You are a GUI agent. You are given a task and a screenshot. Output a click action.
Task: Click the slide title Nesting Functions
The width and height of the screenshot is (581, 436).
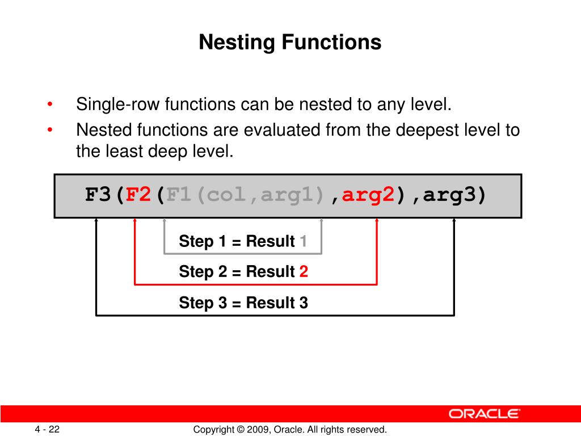pos(290,43)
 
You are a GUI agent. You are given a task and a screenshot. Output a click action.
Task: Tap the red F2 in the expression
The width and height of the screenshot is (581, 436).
pos(138,195)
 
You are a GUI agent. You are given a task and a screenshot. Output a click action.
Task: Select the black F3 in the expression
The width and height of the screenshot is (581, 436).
pos(98,195)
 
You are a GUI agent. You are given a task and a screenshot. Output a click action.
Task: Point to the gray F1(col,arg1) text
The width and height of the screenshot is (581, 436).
pos(247,195)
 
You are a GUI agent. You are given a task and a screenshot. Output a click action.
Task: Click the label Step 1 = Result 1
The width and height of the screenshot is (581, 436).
pos(243,241)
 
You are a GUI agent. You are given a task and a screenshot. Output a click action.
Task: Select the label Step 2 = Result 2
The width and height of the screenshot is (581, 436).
pos(243,272)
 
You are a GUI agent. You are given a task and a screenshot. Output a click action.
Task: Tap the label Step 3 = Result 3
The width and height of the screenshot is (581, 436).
pos(243,303)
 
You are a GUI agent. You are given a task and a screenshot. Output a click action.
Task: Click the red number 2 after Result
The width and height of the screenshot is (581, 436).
pos(304,272)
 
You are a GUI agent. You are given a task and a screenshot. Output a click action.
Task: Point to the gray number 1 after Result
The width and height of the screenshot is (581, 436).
pos(304,241)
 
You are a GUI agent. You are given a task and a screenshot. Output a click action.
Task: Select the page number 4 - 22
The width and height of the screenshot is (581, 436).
pos(47,429)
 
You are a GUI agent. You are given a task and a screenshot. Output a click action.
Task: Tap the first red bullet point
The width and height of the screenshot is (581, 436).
pos(50,105)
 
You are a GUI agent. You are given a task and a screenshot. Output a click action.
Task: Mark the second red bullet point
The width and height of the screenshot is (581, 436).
pos(50,131)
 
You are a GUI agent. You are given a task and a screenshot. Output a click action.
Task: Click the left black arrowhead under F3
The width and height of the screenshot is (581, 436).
pos(96,222)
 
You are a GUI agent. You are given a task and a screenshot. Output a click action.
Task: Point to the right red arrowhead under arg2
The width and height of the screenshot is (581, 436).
pos(377,222)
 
